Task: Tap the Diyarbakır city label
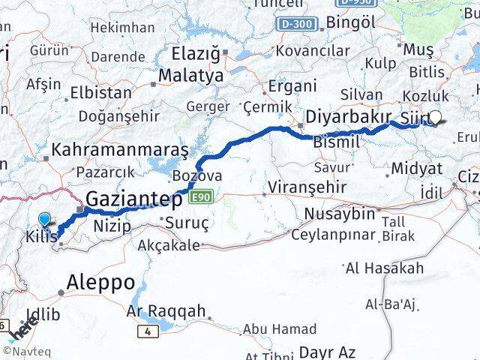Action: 349,117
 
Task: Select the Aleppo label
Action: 100,283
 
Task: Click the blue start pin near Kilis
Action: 46,219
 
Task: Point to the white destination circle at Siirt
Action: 435,117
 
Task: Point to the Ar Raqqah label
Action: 166,310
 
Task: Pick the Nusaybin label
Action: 339,214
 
